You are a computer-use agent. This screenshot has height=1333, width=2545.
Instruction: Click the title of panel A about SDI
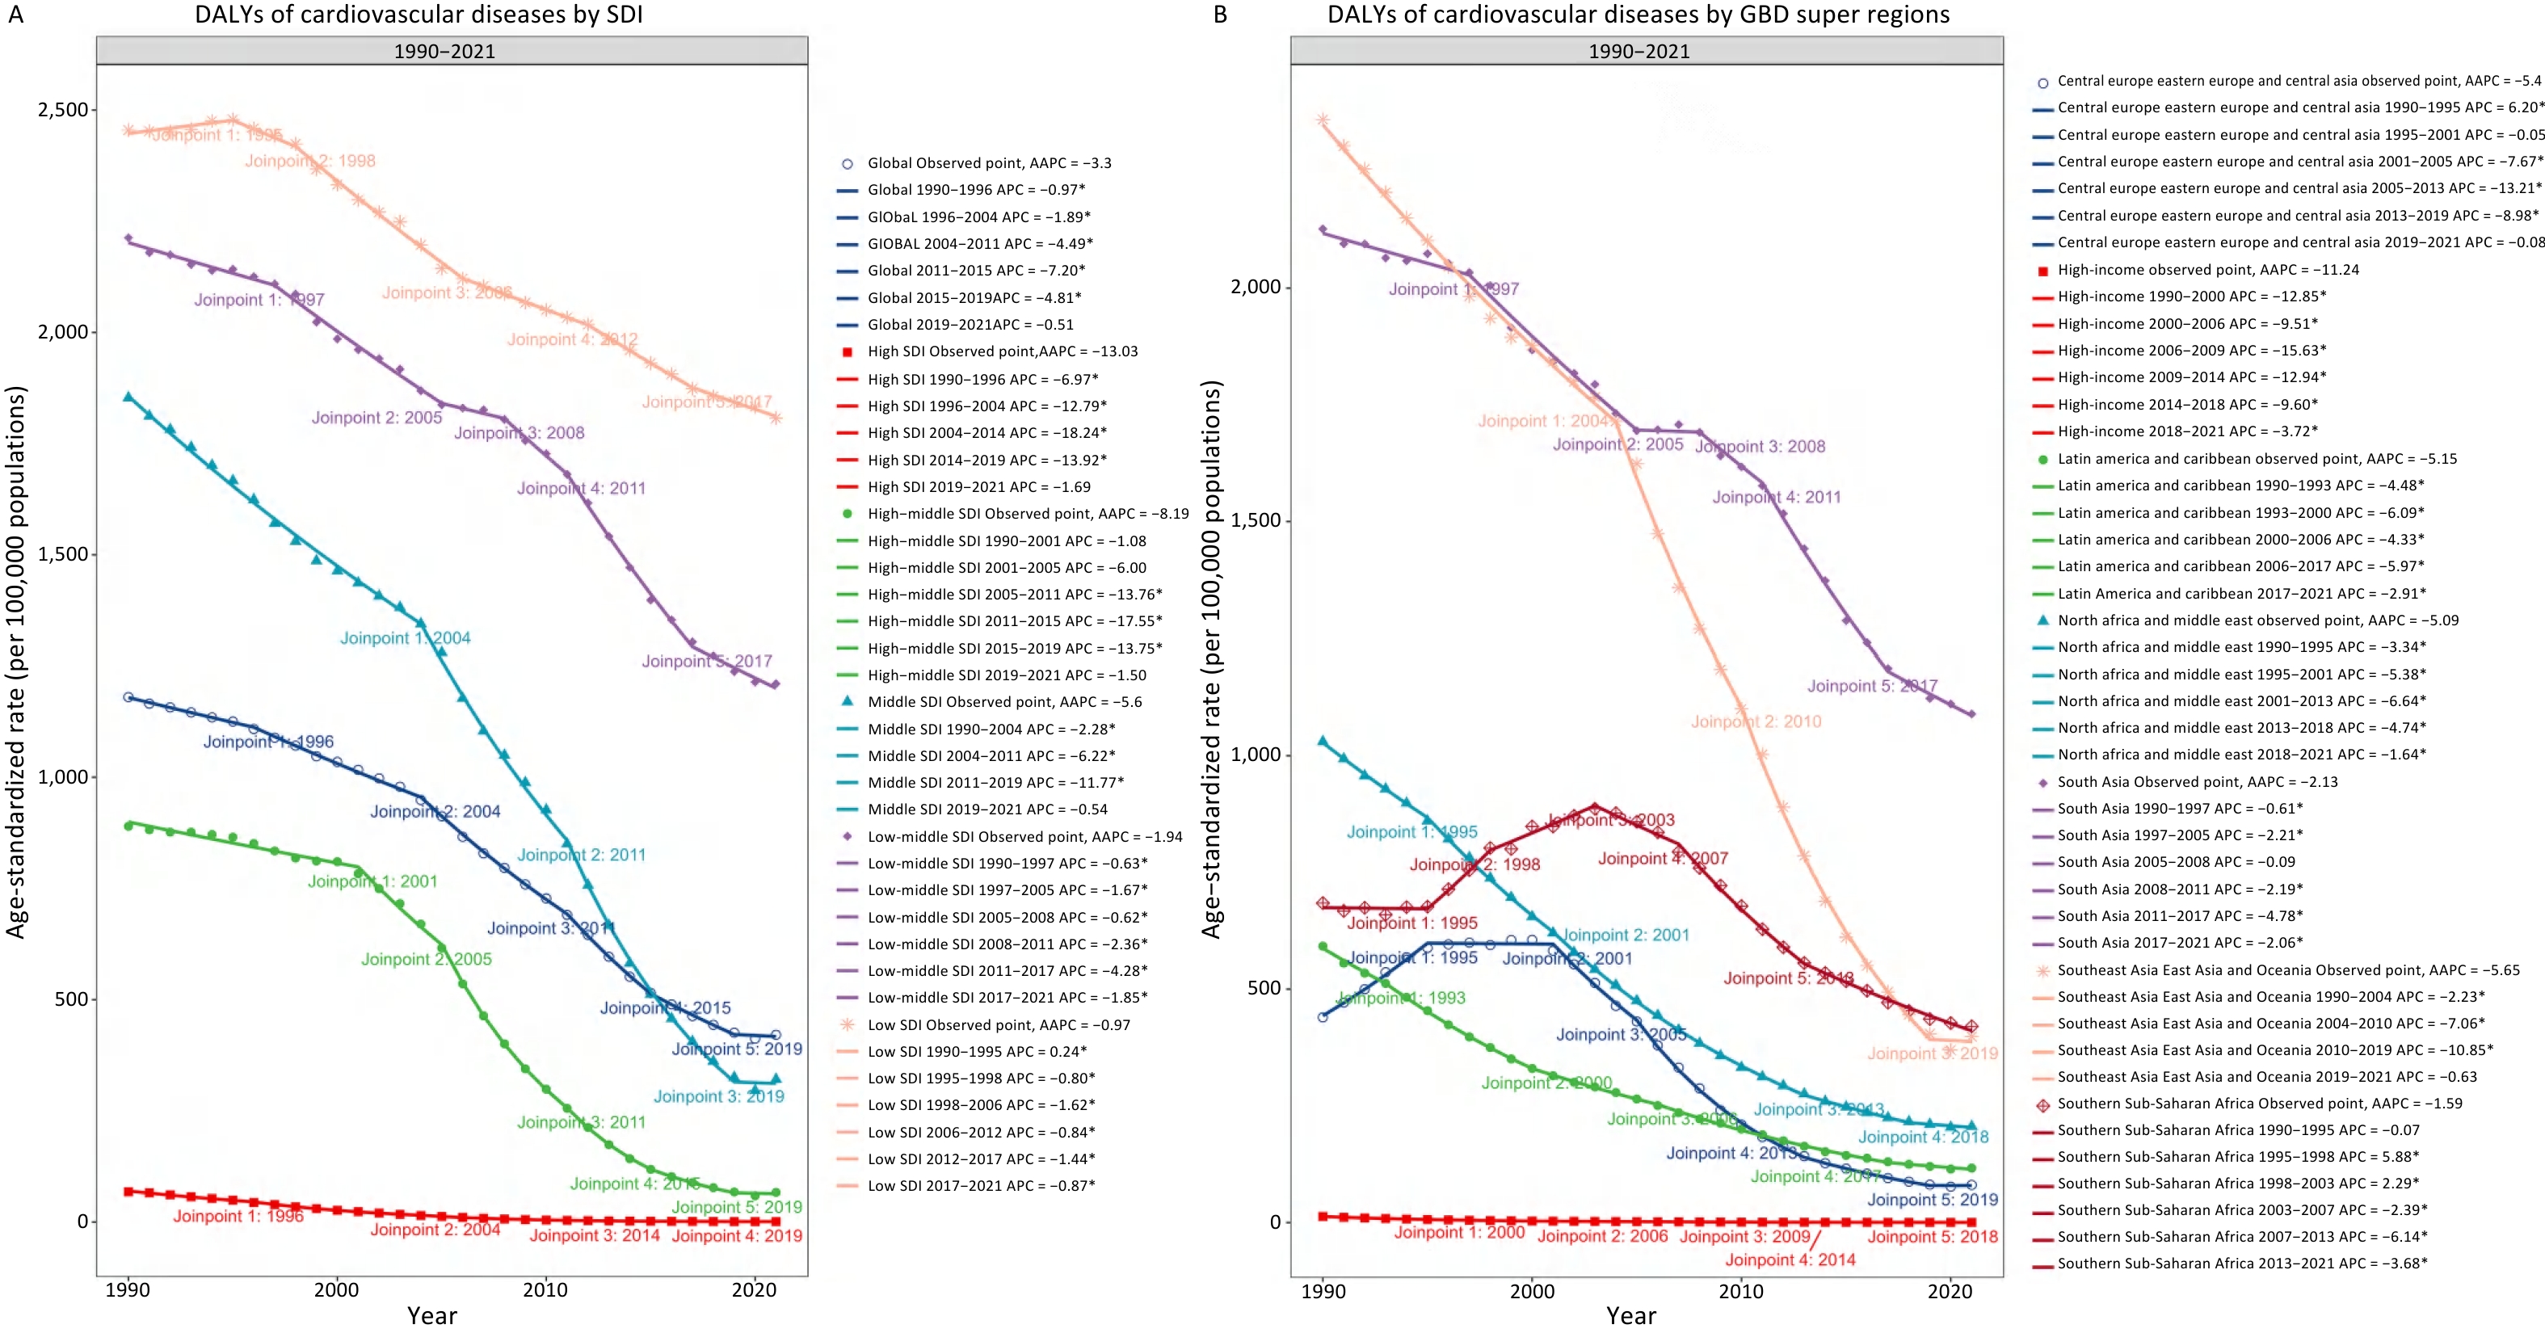click(418, 15)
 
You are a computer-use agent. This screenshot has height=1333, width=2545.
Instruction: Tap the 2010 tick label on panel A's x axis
click(545, 1289)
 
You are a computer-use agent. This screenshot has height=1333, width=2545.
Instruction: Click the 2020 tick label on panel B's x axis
click(1950, 1290)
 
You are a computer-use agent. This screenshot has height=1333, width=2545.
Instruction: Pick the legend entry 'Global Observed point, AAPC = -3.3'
click(989, 163)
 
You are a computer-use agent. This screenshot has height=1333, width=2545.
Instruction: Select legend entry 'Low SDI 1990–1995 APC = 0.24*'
click(976, 1051)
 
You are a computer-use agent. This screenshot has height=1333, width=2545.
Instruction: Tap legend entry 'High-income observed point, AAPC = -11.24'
click(2208, 270)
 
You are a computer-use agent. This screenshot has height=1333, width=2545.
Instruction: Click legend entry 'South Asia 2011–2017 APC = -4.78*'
click(2180, 916)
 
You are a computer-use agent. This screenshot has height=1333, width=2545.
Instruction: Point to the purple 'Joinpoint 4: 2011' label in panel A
click(581, 488)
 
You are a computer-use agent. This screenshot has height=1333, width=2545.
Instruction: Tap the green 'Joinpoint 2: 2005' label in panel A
click(426, 960)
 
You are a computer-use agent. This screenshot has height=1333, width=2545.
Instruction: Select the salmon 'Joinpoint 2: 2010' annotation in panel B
click(1756, 721)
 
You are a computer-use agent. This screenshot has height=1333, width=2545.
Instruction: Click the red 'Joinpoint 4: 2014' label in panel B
click(1790, 1259)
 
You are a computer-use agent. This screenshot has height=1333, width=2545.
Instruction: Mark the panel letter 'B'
click(1220, 15)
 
